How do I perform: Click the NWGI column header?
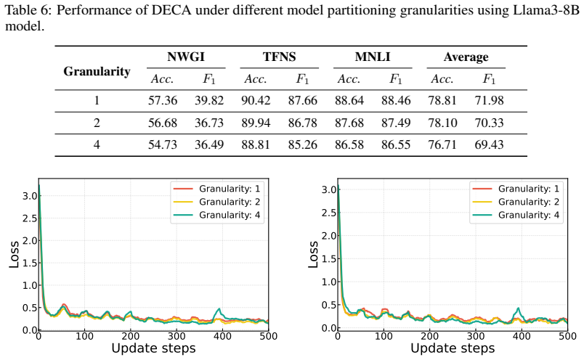pos(186,57)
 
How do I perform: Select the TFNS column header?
pos(280,57)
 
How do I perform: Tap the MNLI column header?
pos(373,57)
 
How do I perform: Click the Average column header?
pos(466,57)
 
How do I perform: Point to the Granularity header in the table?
pos(97,71)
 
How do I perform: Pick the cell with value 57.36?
pos(163,100)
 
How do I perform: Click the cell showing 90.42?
pos(256,100)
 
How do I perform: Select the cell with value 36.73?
pos(209,123)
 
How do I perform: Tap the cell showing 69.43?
pos(489,144)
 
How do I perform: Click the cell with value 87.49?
pos(396,123)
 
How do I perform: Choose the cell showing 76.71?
pos(442,144)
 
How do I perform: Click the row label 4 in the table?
pos(97,144)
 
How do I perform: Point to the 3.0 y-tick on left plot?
pos(30,196)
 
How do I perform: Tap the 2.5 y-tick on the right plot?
pos(329,213)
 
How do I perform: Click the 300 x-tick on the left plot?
pos(177,336)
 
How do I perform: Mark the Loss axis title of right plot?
pos(313,255)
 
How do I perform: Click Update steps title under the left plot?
pos(153,348)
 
